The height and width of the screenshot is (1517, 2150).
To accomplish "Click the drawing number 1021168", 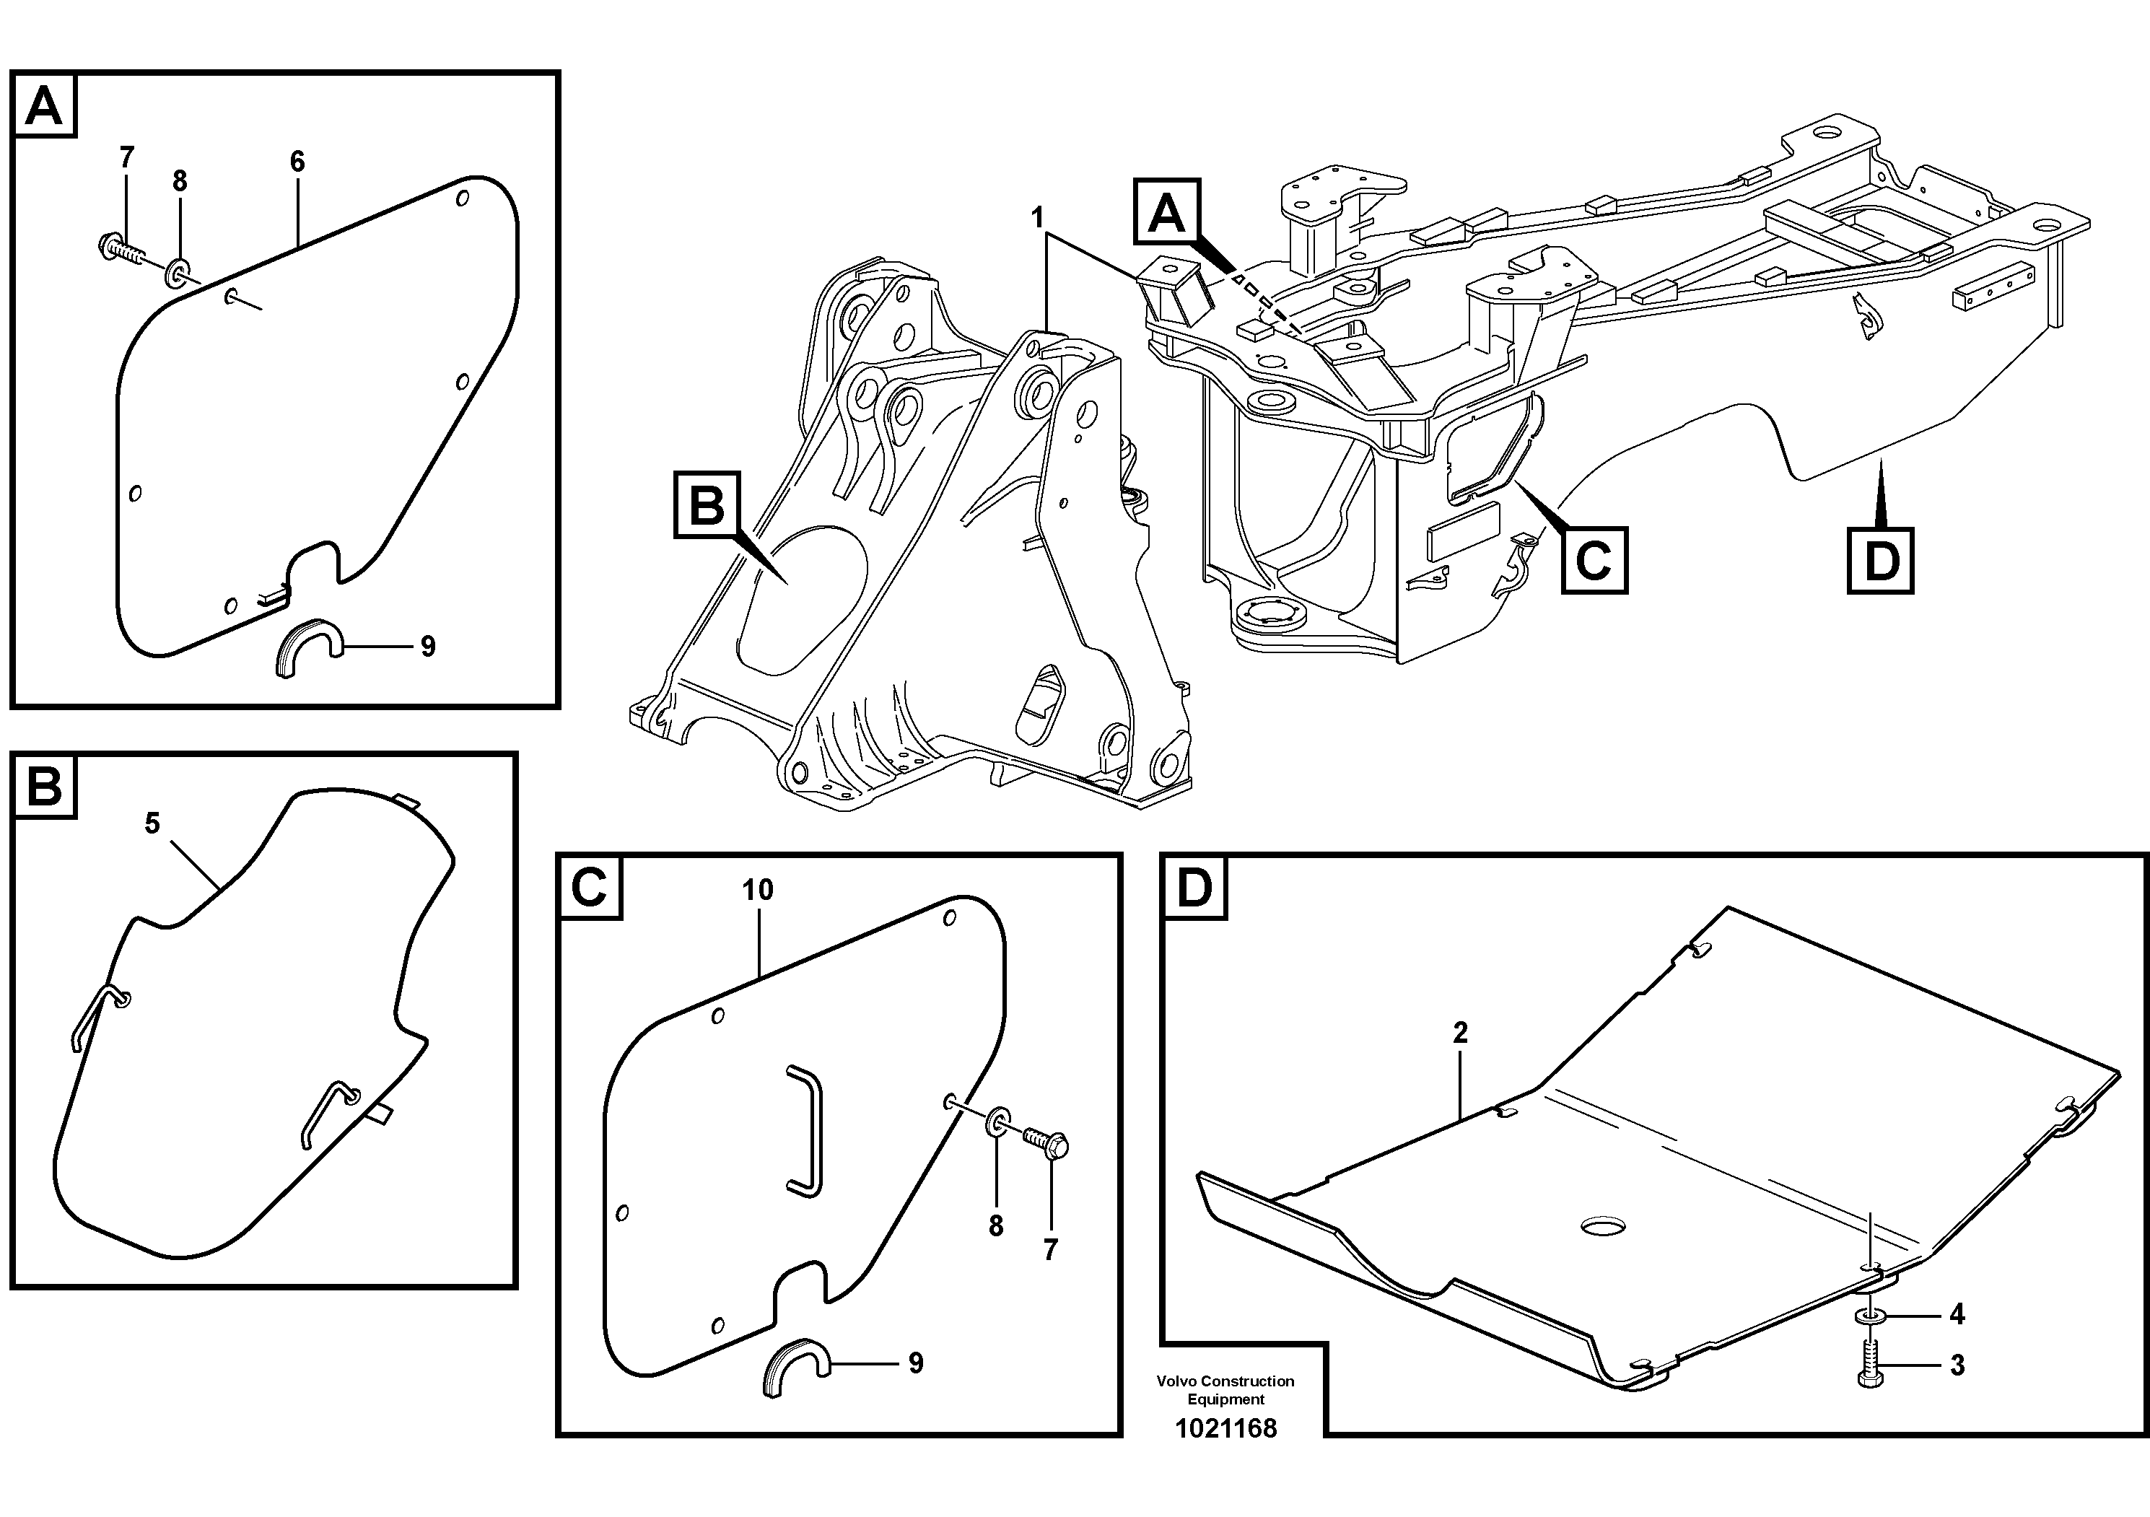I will click(x=1225, y=1429).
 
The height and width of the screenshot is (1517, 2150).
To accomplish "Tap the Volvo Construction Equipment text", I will click(x=1225, y=1390).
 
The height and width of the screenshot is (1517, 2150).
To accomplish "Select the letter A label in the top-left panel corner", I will click(x=44, y=107).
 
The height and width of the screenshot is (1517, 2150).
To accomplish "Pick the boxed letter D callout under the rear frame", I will click(x=1880, y=561).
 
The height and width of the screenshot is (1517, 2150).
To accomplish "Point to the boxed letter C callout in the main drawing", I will click(x=1594, y=561).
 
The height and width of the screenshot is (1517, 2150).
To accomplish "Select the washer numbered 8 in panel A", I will click(x=177, y=274).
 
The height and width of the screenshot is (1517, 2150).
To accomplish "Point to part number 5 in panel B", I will click(x=152, y=823).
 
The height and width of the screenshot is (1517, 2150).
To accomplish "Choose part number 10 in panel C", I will click(x=758, y=890).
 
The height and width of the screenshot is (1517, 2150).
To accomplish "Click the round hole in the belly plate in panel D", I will click(x=1603, y=1225).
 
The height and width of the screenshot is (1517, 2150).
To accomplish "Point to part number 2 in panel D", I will click(x=1460, y=1033).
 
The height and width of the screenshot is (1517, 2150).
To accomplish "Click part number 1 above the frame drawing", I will click(x=1036, y=218).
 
